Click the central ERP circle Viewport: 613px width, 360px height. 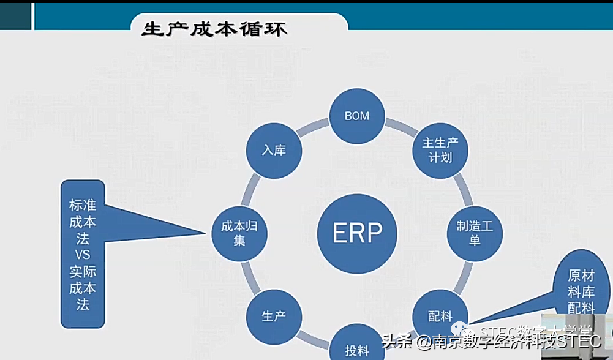[x=357, y=233]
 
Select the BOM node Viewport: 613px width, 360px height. [x=357, y=116]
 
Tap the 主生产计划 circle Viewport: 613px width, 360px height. [x=440, y=150]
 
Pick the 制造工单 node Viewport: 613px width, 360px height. [x=475, y=233]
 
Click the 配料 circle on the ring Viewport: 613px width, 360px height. [x=440, y=317]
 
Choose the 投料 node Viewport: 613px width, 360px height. [x=357, y=349]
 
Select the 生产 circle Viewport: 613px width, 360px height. [x=274, y=317]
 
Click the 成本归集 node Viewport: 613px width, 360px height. [x=239, y=233]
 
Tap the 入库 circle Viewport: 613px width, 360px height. [x=274, y=150]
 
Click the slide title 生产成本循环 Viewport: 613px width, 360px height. [x=214, y=29]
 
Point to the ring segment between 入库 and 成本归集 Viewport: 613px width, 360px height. [x=250, y=189]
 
